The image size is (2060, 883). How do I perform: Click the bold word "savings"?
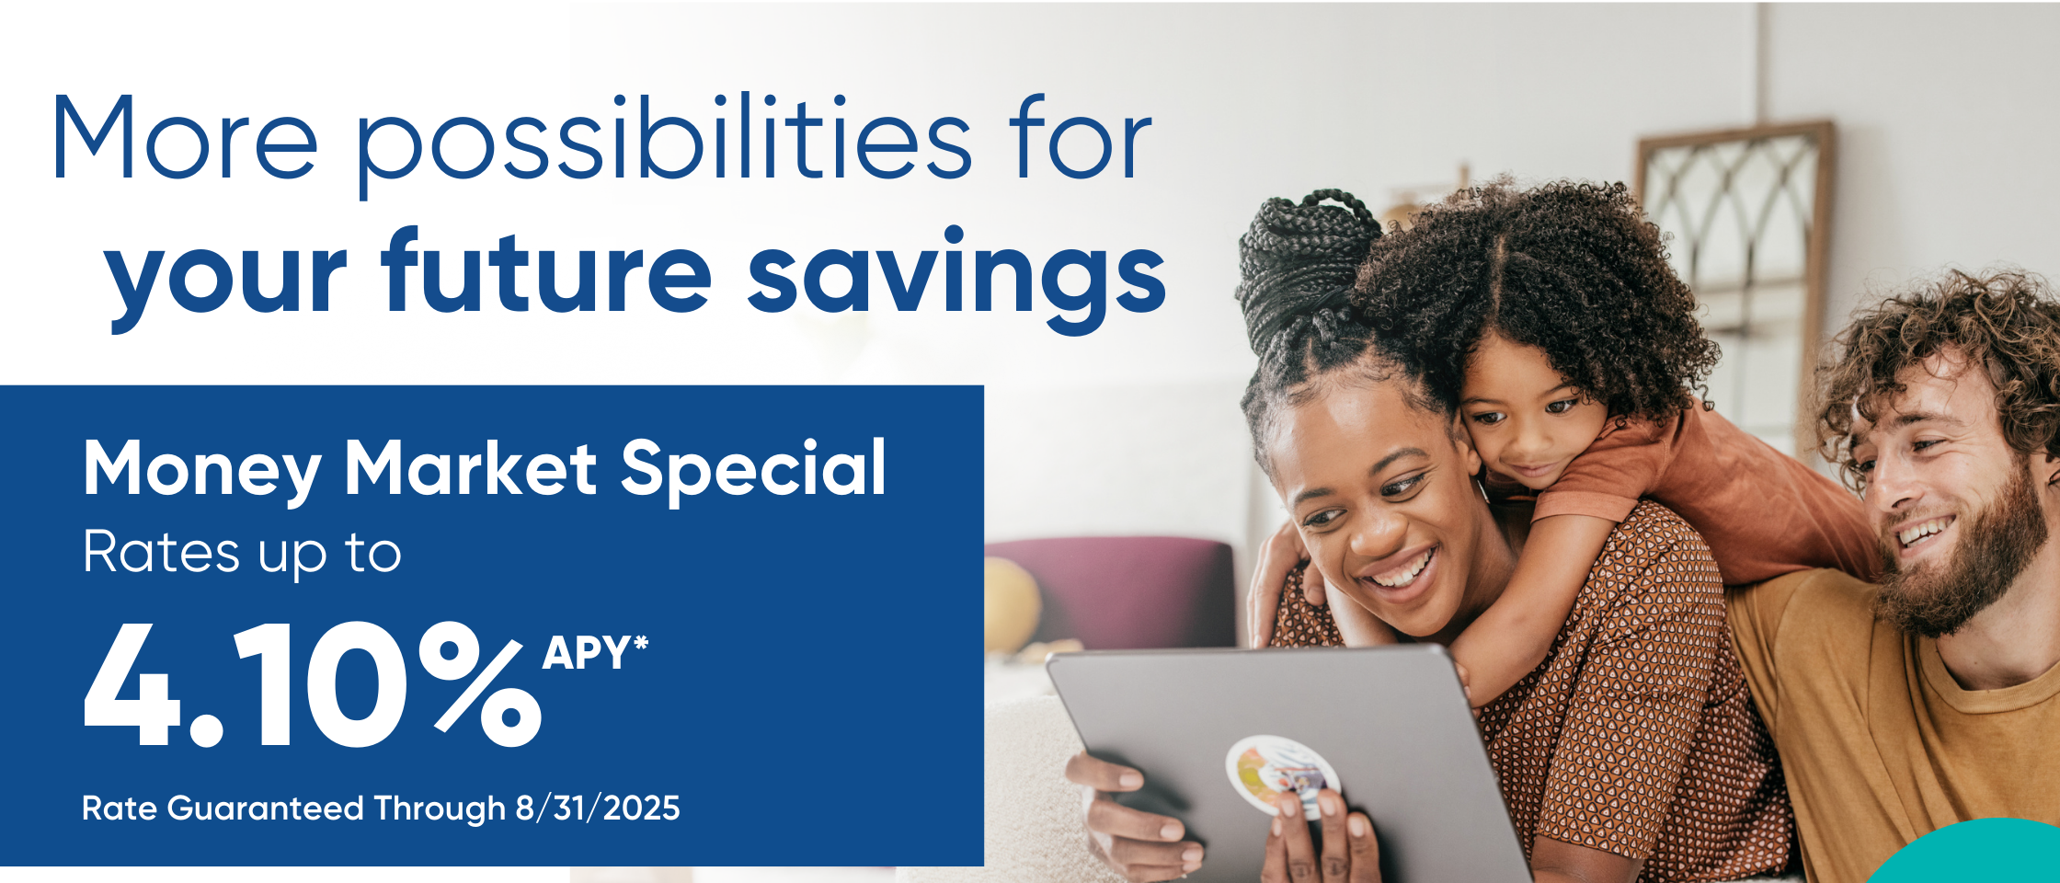(956, 279)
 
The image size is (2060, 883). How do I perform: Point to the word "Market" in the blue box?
(471, 468)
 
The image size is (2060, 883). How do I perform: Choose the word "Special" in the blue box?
(753, 470)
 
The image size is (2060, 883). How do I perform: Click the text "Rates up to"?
(242, 554)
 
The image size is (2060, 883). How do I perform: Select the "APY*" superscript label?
(595, 653)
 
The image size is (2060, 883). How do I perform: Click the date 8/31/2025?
(598, 808)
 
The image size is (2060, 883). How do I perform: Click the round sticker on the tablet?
(1282, 776)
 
